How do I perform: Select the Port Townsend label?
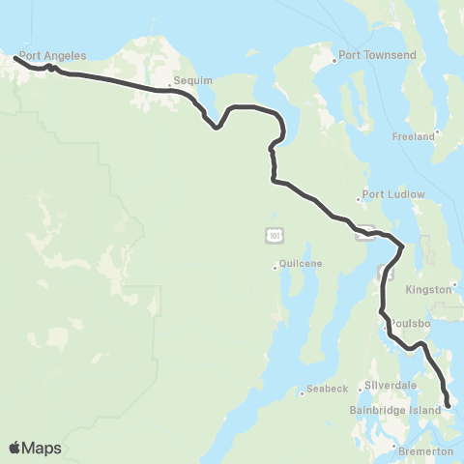378,56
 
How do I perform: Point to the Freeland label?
413,137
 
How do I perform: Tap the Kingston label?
431,289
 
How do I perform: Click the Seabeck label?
327,389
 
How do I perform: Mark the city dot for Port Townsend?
335,60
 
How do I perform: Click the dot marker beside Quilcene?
275,268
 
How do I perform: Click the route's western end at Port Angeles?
14,58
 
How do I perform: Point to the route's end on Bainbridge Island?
449,407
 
